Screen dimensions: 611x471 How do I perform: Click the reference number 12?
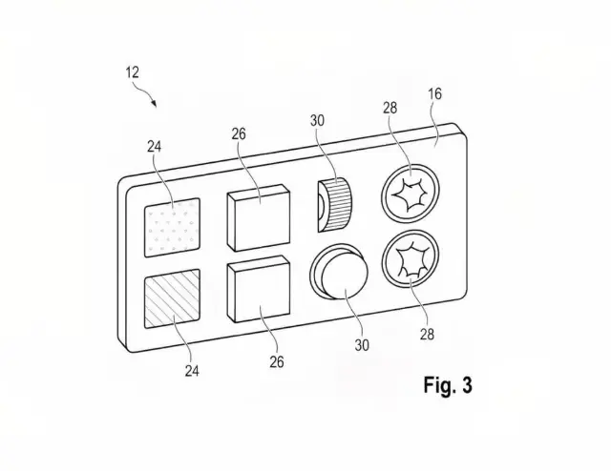click(x=132, y=72)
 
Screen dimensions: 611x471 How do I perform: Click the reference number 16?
click(x=435, y=93)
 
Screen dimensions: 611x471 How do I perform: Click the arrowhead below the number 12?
click(x=155, y=104)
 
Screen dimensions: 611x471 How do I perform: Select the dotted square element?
click(x=172, y=228)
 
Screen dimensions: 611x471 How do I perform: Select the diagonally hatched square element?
click(x=172, y=298)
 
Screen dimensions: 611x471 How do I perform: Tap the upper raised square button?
click(x=259, y=218)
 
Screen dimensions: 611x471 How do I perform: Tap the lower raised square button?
click(x=259, y=289)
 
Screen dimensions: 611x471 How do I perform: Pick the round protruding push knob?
click(x=340, y=272)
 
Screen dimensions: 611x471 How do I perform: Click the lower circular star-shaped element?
click(x=411, y=259)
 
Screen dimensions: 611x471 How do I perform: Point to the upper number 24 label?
click(x=154, y=147)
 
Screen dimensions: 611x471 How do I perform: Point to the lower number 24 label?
click(x=192, y=371)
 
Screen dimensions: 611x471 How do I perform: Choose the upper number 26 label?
click(x=239, y=134)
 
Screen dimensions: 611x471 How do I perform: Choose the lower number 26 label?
click(x=277, y=362)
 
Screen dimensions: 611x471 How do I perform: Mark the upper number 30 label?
click(x=317, y=121)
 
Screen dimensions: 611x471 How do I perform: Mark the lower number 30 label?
click(x=362, y=345)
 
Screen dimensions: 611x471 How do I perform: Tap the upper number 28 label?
click(x=390, y=108)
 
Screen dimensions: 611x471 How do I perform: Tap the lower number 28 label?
click(x=427, y=334)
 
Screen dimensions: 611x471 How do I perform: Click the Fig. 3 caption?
click(x=448, y=385)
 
